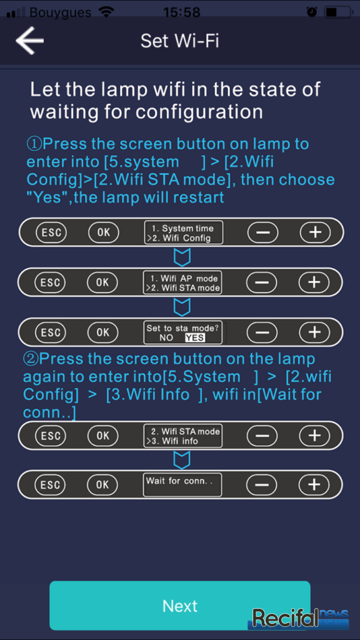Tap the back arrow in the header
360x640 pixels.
[29, 41]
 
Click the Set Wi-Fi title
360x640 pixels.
[179, 41]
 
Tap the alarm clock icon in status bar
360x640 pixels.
[312, 12]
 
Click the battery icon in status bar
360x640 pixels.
[337, 12]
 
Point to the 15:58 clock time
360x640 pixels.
[182, 12]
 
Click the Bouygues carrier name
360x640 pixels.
[60, 12]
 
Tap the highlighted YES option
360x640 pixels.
[195, 337]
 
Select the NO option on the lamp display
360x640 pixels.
[166, 337]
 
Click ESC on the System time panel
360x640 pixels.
[51, 232]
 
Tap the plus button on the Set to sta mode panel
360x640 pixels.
[314, 332]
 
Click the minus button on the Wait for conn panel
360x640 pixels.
[262, 484]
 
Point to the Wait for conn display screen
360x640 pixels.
[182, 484]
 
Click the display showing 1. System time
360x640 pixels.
[184, 232]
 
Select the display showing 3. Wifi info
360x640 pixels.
[182, 436]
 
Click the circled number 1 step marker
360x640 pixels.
[34, 144]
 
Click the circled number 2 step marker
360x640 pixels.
[31, 359]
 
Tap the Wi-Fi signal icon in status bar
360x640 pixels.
[107, 12]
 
